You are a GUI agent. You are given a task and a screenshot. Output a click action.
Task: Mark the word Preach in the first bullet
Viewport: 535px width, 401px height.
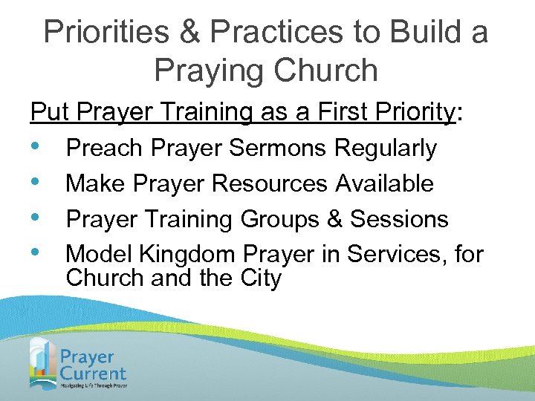pos(103,149)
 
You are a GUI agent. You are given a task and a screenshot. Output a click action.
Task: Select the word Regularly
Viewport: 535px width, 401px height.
pos(386,149)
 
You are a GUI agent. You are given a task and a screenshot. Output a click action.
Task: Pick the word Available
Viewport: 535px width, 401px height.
pos(386,183)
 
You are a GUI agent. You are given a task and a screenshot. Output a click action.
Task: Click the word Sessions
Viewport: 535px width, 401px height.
pos(399,219)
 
